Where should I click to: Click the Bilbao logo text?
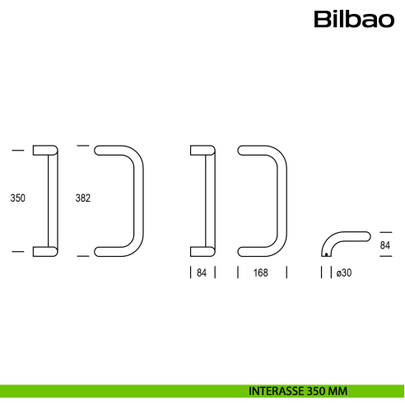tap(354, 19)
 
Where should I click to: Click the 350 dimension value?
tap(17, 198)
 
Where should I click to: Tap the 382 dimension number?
tap(83, 198)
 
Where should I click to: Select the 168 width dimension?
tap(260, 272)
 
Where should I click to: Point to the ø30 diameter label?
tap(344, 272)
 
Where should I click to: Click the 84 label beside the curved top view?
tap(384, 245)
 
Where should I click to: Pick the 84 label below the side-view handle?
tap(202, 272)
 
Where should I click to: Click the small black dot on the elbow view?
tap(326, 254)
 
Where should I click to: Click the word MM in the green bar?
tap(339, 391)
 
